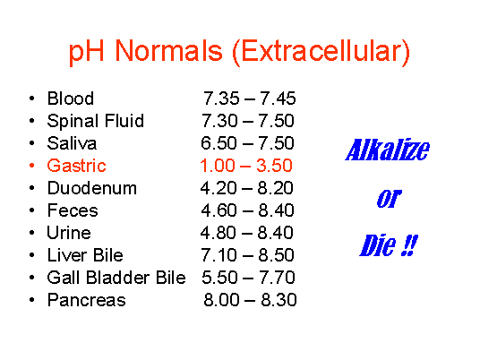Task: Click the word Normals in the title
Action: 168,50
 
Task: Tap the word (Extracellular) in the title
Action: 321,52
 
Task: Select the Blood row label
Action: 71,99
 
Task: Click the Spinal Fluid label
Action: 96,121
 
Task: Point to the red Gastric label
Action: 76,166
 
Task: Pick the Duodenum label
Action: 92,188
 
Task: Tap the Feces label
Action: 73,210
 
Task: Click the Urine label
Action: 69,233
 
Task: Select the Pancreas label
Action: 86,300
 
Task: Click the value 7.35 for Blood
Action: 221,99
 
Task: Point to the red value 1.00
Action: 218,166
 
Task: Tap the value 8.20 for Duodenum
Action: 276,188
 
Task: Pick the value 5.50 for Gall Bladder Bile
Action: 219,278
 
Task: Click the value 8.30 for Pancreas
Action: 279,300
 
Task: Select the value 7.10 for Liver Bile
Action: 219,255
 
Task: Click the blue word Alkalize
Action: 388,150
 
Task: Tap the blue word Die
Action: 378,245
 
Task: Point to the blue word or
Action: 389,199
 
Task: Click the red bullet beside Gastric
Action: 32,166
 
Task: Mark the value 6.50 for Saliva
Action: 219,143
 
